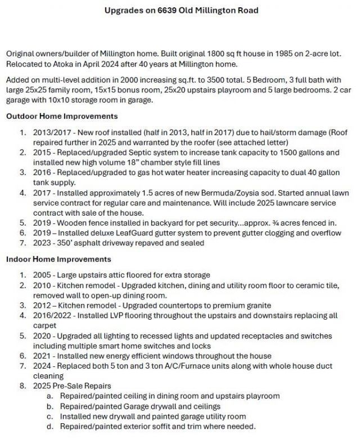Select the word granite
coord(261,305)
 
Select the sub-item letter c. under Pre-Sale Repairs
coord(49,416)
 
